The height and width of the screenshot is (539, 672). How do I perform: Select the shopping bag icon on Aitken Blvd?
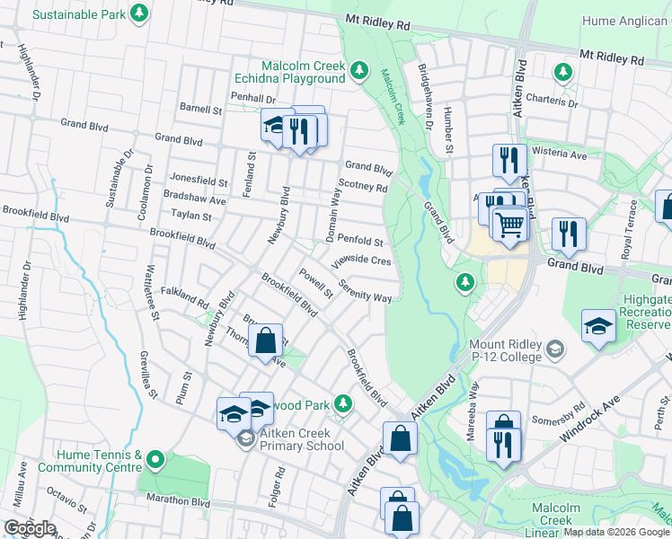pyautogui.click(x=401, y=439)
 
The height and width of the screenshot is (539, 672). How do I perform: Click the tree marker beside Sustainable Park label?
pyautogui.click(x=138, y=13)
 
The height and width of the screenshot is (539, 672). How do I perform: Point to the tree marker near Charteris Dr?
pyautogui.click(x=563, y=71)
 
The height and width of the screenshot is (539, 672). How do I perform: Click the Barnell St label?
pyautogui.click(x=200, y=110)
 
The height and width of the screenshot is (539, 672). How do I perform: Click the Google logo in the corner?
pyautogui.click(x=30, y=528)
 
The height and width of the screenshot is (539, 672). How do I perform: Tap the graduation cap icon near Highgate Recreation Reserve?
pyautogui.click(x=598, y=329)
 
